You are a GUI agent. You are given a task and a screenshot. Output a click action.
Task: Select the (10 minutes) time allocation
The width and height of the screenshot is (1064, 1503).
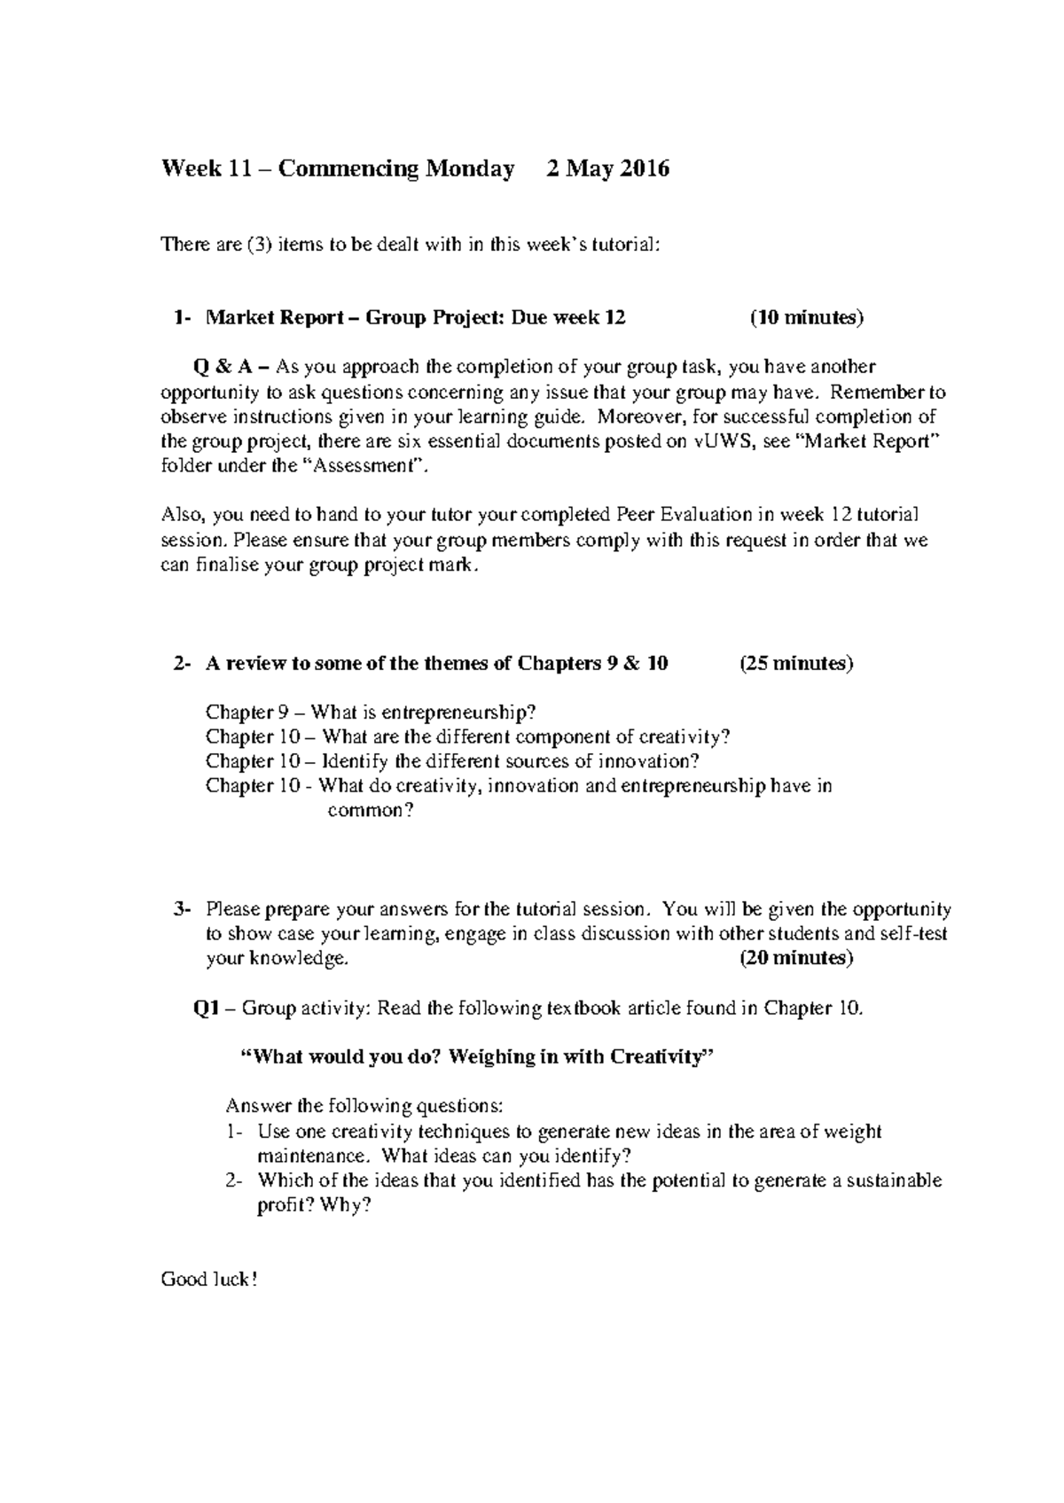tap(806, 318)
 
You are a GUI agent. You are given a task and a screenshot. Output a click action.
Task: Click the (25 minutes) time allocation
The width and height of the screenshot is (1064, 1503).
tap(795, 663)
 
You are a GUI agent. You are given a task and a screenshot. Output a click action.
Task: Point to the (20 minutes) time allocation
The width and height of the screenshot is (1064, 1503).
tap(795, 958)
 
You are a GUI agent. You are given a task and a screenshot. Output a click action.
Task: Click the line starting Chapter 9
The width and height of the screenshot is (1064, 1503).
tap(371, 712)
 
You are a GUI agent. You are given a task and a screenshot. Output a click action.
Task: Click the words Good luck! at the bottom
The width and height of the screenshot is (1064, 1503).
tap(208, 1279)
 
